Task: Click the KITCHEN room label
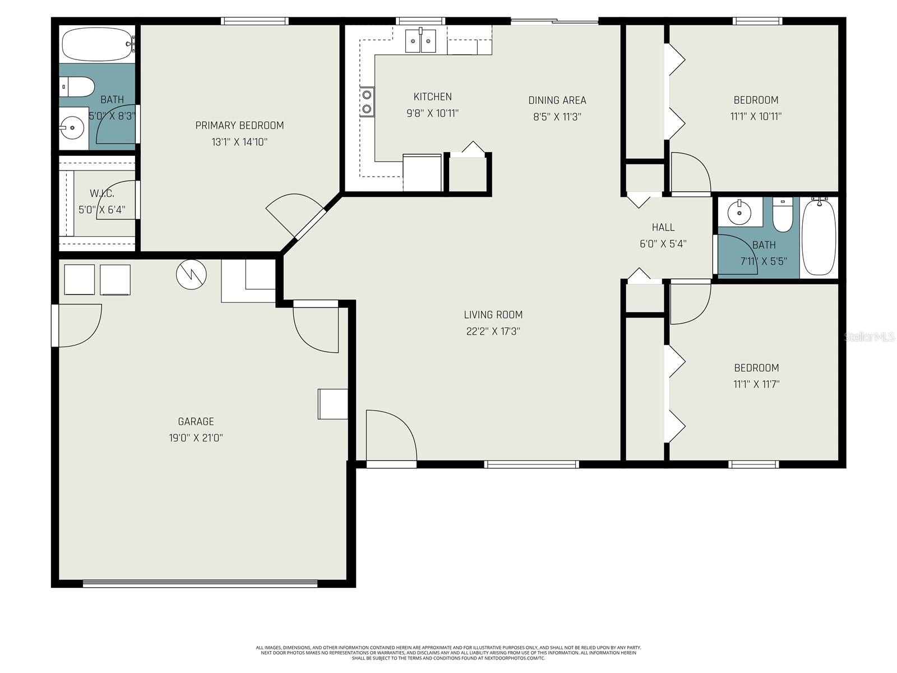pyautogui.click(x=432, y=96)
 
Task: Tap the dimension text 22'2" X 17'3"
pyautogui.click(x=493, y=331)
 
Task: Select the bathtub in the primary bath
pyautogui.click(x=96, y=45)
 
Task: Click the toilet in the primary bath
pyautogui.click(x=77, y=87)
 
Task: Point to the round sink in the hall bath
pyautogui.click(x=739, y=212)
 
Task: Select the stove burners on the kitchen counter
pyautogui.click(x=367, y=102)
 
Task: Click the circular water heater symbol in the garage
pyautogui.click(x=191, y=274)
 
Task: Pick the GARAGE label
pyautogui.click(x=196, y=421)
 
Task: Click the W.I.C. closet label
pyautogui.click(x=101, y=193)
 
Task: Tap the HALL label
pyautogui.click(x=663, y=227)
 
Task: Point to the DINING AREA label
pyautogui.click(x=557, y=100)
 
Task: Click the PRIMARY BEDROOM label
pyautogui.click(x=239, y=125)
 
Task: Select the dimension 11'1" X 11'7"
pyautogui.click(x=756, y=384)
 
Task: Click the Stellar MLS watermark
pyautogui.click(x=870, y=337)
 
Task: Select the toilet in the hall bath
pyautogui.click(x=782, y=216)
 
